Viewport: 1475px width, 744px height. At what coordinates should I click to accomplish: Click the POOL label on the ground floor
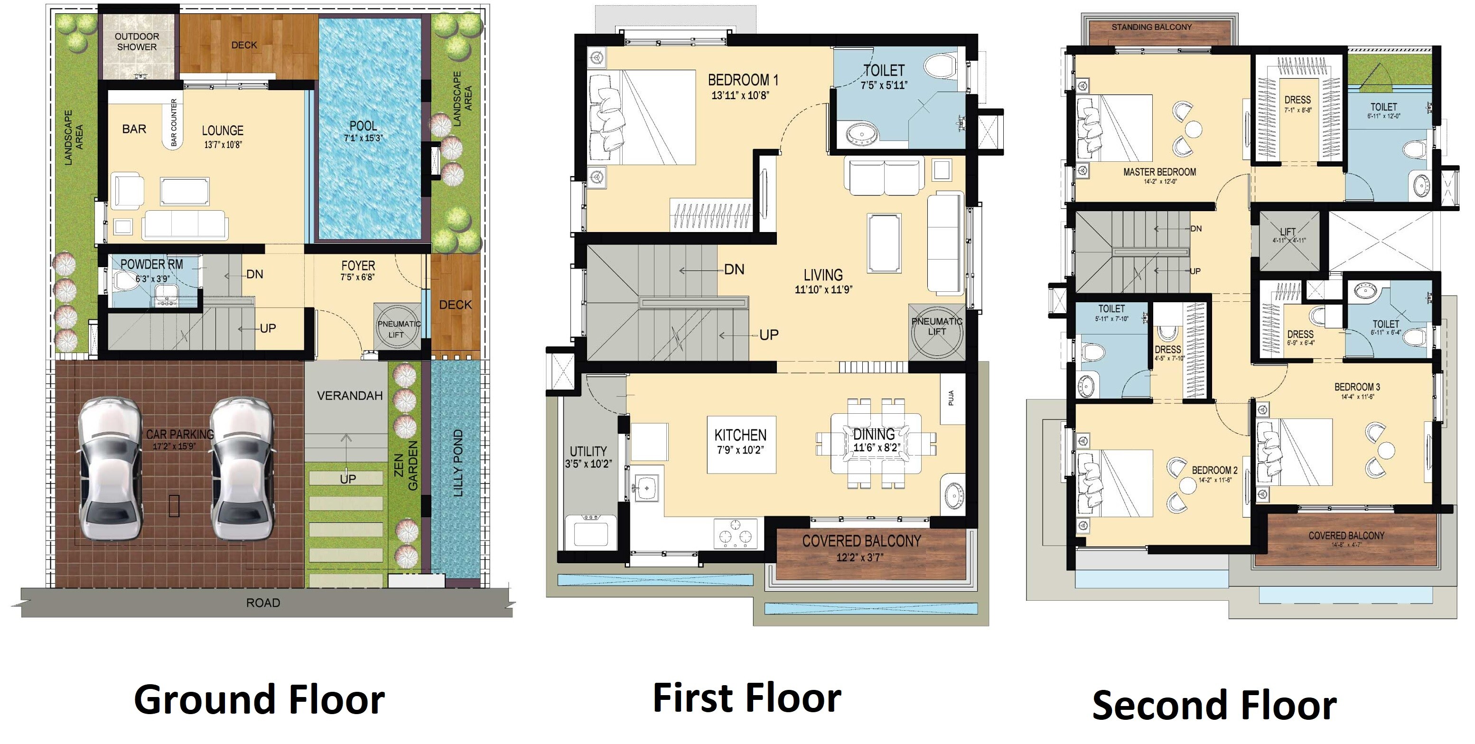363,126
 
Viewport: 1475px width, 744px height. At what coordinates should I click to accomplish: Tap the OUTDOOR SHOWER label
137,42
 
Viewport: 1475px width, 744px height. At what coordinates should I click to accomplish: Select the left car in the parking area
109,468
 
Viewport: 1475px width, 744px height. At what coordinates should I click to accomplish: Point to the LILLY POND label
458,463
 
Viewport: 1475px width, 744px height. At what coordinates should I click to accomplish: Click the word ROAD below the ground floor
263,603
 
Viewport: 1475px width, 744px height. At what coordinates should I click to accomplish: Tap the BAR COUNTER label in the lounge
174,122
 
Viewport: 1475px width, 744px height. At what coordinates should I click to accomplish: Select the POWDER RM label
151,264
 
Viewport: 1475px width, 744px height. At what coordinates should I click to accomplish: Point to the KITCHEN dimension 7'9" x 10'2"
740,450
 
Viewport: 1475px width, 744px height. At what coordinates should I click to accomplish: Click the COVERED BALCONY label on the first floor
861,541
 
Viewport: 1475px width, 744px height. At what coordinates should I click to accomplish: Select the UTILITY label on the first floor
588,451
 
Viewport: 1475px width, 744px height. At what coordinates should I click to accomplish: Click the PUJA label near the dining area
951,398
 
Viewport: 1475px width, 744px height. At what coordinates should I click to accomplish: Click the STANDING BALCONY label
1151,27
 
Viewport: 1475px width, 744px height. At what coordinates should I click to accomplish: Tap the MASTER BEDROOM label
1159,172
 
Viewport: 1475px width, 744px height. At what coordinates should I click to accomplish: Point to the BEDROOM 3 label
1357,387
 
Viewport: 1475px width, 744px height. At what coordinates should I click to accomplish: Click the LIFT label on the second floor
1288,231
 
